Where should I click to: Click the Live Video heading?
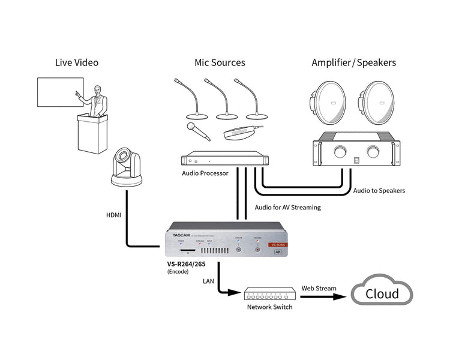[76, 62]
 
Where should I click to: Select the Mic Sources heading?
[220, 62]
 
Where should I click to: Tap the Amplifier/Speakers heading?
[353, 62]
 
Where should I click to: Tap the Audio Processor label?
[205, 174]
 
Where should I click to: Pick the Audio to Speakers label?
[379, 191]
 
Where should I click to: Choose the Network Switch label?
[270, 307]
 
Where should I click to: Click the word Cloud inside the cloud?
[382, 293]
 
